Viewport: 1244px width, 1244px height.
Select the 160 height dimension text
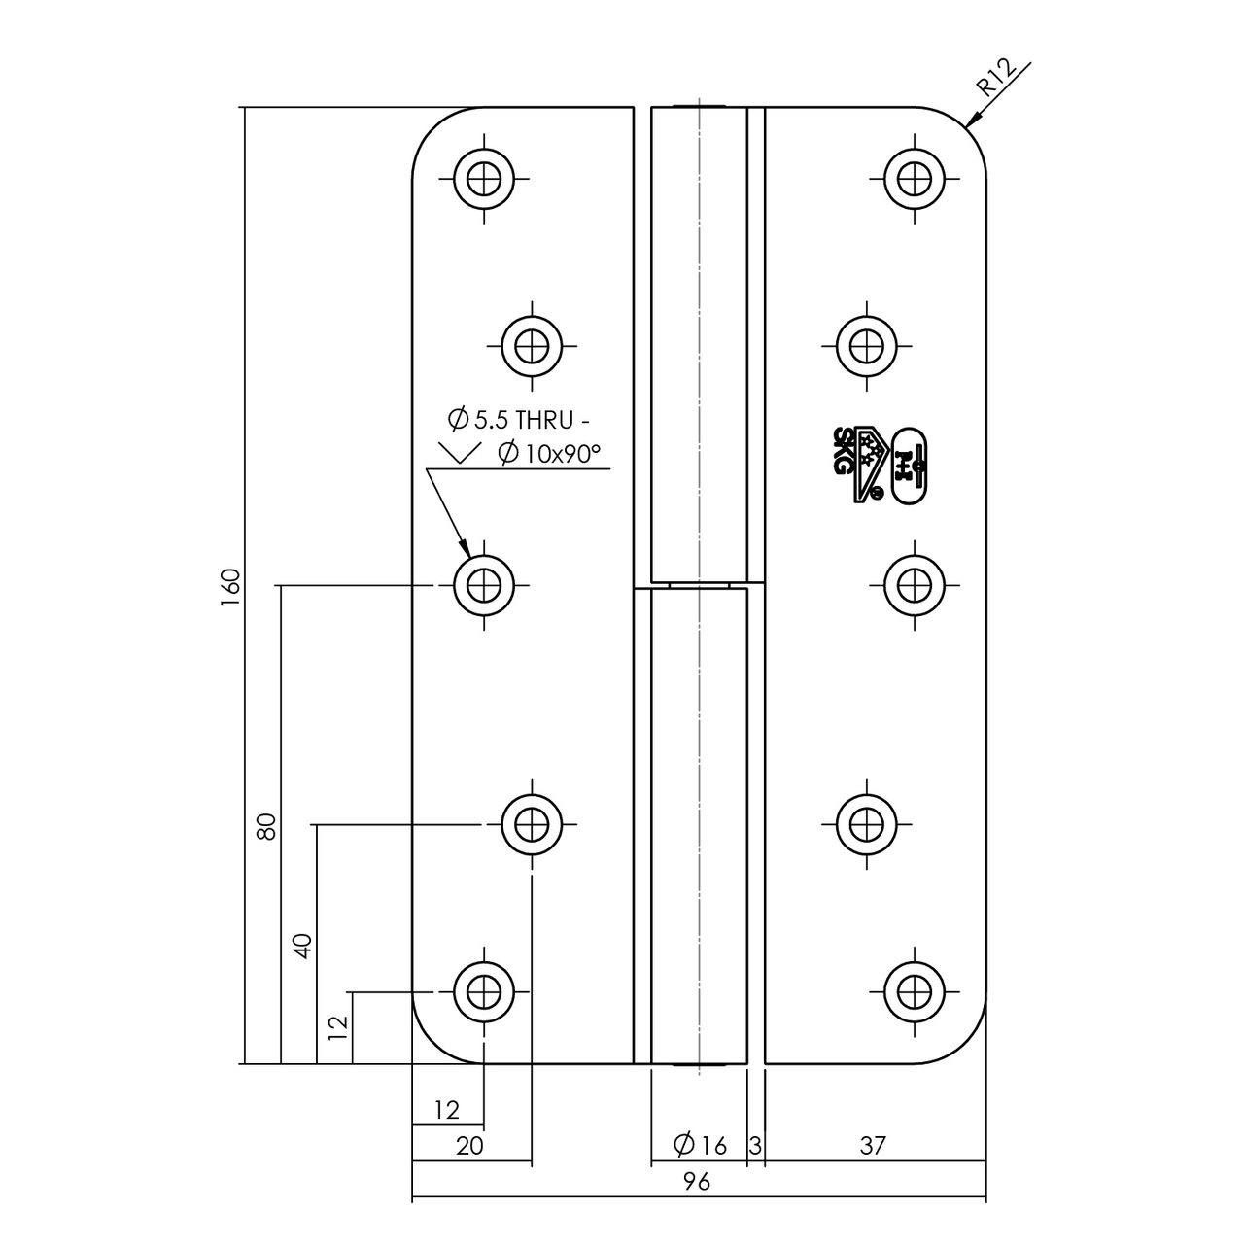pos(230,586)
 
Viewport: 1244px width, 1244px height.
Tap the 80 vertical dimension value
pos(267,826)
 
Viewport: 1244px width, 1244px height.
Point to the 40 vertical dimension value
pos(303,946)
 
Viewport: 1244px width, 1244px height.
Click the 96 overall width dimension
pos(696,1181)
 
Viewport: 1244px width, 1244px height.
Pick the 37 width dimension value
pos(873,1146)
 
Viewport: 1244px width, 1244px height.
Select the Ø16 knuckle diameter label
pos(700,1146)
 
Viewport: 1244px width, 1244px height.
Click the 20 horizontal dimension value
pos(469,1146)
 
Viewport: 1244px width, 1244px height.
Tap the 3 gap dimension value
pos(755,1146)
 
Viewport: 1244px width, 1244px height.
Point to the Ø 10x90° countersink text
pos(549,453)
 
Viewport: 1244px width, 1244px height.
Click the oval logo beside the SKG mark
pos(910,465)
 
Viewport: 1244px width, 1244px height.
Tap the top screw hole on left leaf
pos(484,179)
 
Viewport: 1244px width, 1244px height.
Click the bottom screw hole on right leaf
pos(914,992)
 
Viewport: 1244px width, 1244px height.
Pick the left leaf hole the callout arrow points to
pos(484,586)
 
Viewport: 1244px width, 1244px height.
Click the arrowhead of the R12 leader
pos(970,122)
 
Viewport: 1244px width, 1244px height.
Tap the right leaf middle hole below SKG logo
pos(914,586)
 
